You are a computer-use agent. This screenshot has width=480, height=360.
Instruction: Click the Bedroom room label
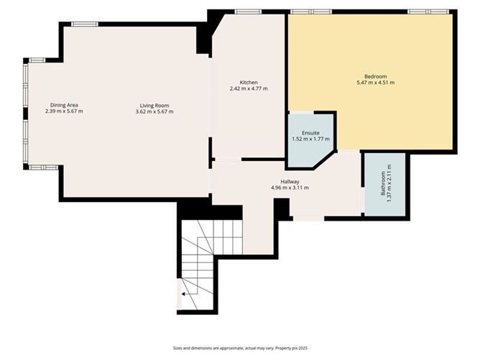point(375,76)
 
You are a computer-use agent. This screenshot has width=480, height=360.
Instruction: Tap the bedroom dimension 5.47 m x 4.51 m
point(375,83)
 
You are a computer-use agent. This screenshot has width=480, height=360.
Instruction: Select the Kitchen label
point(249,82)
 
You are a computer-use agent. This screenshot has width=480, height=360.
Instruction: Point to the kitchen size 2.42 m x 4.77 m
point(249,88)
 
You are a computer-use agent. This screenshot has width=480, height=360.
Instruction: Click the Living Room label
point(154,105)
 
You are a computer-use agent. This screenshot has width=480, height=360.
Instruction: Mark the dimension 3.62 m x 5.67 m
point(154,111)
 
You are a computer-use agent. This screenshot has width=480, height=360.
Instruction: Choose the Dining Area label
point(64,105)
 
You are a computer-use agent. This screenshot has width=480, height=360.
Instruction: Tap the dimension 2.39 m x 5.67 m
point(64,111)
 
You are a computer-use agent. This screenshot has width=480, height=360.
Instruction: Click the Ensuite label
point(310,133)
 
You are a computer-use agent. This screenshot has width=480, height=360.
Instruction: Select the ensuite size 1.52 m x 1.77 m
point(310,139)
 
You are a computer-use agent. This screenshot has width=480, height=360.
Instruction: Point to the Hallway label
point(290,181)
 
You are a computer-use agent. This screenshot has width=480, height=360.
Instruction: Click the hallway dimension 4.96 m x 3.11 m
point(290,188)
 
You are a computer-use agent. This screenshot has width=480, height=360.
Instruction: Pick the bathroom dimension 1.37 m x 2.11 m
point(389,183)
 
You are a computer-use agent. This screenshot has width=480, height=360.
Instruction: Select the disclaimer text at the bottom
point(239,347)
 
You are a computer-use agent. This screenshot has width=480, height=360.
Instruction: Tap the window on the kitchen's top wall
point(248,11)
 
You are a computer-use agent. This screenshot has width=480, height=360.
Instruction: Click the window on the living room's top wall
point(84,24)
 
